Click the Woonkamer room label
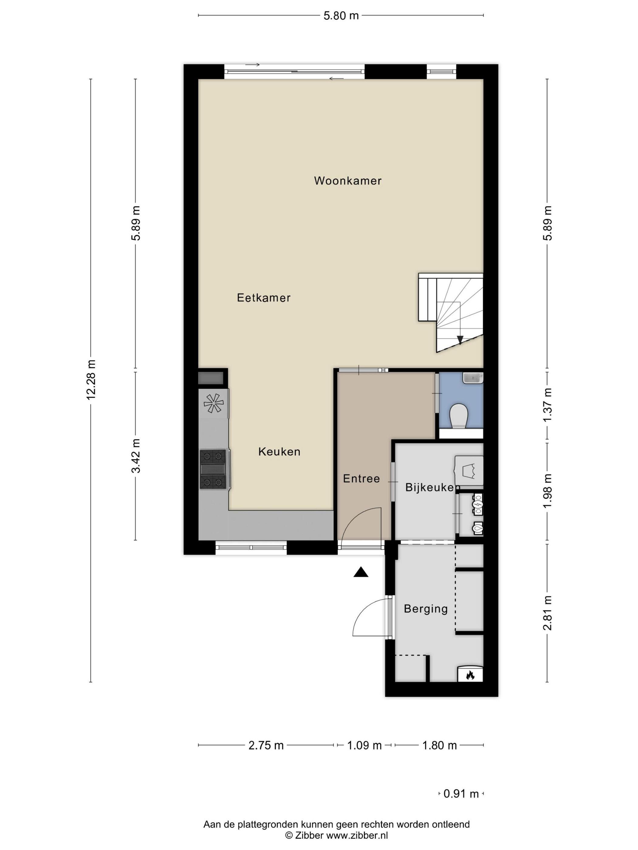[x=348, y=181]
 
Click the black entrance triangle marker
[x=361, y=572]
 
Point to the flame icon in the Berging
[x=470, y=675]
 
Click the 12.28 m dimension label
[x=91, y=380]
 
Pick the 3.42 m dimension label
[x=136, y=456]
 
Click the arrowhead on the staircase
[x=460, y=340]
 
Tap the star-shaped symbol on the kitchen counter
[x=213, y=403]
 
